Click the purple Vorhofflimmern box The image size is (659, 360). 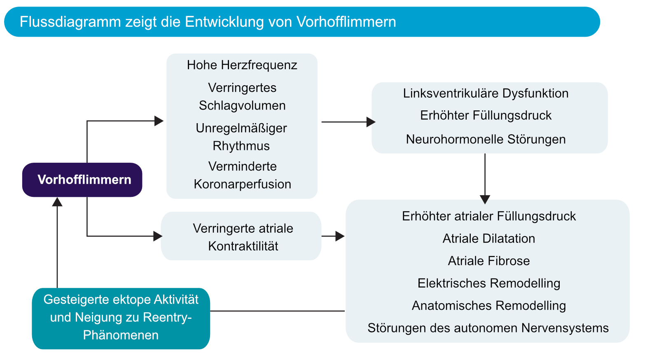[82, 180]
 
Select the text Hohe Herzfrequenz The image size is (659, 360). [242, 65]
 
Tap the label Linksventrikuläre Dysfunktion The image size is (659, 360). [486, 94]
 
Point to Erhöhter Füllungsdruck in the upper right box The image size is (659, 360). [486, 115]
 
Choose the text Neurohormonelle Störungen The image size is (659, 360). [486, 139]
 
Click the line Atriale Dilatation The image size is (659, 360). [488, 238]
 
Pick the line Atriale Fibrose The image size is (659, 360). [488, 261]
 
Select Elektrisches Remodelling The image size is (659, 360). [488, 283]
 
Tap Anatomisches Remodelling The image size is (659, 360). [488, 306]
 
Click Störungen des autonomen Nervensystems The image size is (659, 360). [488, 328]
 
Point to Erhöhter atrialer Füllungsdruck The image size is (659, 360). [488, 216]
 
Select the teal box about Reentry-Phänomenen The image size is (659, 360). [121, 318]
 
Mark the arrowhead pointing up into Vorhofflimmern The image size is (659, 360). [57, 202]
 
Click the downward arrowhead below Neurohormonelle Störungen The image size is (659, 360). [485, 199]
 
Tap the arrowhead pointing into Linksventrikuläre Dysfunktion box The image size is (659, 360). [371, 122]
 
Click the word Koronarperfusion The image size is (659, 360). [242, 184]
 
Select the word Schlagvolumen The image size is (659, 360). [242, 105]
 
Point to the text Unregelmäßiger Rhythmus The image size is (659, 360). [241, 137]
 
